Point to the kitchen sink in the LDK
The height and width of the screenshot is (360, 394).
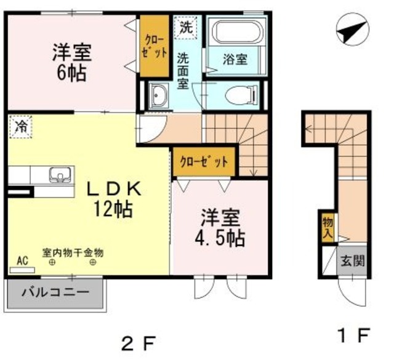[60, 174]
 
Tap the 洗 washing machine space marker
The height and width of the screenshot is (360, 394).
[184, 26]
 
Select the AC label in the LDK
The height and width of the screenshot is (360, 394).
[23, 261]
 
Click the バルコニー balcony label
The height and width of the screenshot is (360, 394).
[55, 291]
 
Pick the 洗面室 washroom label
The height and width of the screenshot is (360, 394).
[183, 71]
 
